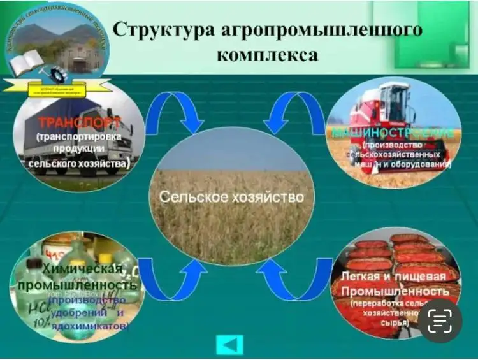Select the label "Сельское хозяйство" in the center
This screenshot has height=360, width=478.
point(231,196)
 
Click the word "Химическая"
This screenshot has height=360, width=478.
point(77,269)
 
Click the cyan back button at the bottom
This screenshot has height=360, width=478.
point(229,344)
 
